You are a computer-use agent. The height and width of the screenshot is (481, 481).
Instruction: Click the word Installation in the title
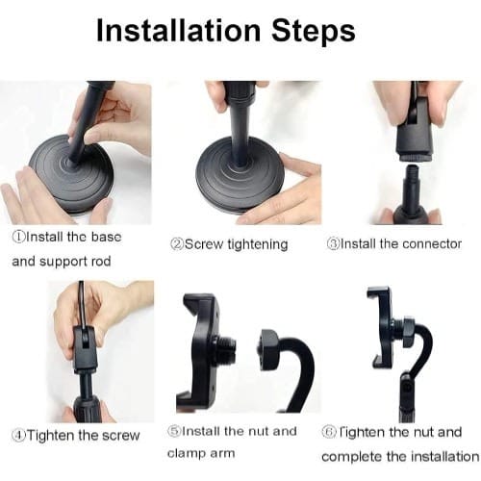click(179, 31)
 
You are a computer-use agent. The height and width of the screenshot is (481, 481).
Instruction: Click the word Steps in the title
click(314, 31)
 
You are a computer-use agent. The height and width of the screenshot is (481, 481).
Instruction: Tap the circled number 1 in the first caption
click(18, 237)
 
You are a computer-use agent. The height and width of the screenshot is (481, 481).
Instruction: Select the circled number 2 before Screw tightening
click(177, 244)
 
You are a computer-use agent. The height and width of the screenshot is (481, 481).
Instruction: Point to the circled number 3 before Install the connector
click(333, 244)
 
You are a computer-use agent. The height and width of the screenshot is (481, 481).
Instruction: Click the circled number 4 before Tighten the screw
click(18, 435)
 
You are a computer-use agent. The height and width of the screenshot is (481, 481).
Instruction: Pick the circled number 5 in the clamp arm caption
click(174, 431)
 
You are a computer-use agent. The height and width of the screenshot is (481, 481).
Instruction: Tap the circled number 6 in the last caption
click(328, 432)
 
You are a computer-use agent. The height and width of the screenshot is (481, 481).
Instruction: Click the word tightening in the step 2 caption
click(258, 245)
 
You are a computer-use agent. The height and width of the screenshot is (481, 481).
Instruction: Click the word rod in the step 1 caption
click(101, 261)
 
